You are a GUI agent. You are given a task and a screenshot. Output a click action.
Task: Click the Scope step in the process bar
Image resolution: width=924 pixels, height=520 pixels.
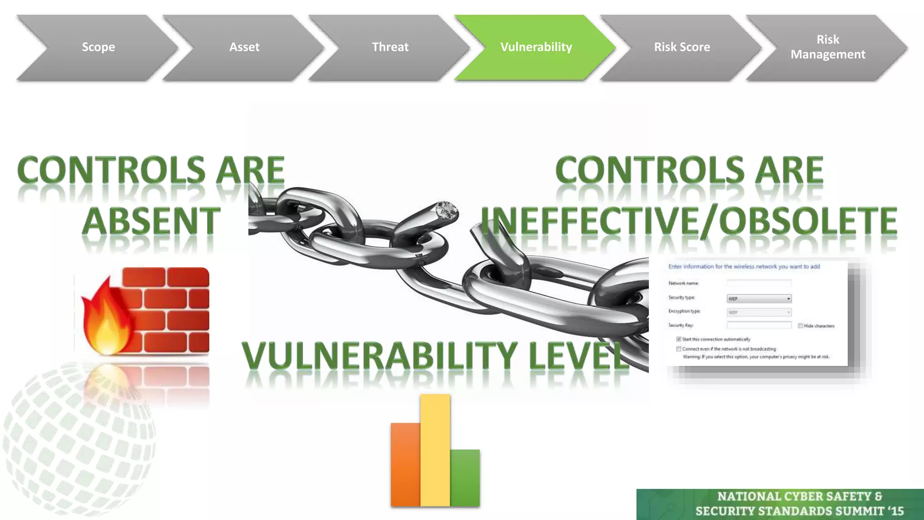click(x=98, y=47)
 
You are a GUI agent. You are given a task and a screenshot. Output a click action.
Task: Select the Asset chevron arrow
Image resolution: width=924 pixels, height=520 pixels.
click(x=244, y=47)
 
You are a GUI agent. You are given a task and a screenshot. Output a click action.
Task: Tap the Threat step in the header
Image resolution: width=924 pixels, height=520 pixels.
click(x=390, y=47)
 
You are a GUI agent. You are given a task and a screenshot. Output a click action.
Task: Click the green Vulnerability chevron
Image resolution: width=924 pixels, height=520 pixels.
click(x=536, y=47)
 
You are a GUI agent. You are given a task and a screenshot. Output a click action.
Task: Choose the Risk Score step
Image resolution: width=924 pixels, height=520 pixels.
click(x=682, y=47)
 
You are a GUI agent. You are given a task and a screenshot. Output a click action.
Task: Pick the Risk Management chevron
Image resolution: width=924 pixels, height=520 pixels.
click(x=827, y=47)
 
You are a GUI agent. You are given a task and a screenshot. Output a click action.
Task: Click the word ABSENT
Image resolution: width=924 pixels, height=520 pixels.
click(x=151, y=221)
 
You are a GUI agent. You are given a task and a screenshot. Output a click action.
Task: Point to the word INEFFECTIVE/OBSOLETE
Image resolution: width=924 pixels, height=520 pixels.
click(x=689, y=221)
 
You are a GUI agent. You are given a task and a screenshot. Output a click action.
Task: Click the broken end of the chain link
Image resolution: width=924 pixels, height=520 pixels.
click(x=445, y=212)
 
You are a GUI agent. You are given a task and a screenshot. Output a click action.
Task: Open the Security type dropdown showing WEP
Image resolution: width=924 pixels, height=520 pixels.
click(x=759, y=299)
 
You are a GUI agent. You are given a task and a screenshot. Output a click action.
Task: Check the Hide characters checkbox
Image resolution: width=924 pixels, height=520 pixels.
click(x=800, y=326)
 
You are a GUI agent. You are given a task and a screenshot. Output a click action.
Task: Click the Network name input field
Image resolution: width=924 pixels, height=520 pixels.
click(x=759, y=283)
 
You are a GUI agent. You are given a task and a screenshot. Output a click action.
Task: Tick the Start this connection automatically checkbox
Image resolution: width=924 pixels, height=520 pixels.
click(x=679, y=339)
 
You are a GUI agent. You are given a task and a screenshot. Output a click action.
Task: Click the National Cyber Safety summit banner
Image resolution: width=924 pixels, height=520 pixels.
click(x=780, y=504)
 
